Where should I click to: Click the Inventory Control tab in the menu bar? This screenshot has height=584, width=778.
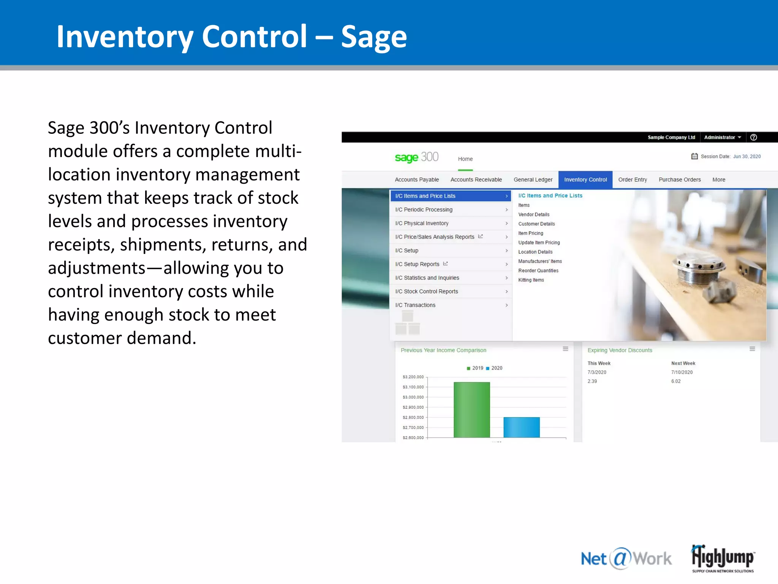click(x=585, y=179)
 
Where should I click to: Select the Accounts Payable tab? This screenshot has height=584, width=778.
click(x=417, y=179)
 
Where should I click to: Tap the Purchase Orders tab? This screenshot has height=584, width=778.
click(x=679, y=179)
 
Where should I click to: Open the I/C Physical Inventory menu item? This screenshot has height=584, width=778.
click(x=422, y=223)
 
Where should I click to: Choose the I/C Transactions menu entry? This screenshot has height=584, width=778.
click(x=415, y=305)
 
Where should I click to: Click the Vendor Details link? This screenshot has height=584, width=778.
click(x=534, y=214)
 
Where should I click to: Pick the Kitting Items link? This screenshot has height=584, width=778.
click(x=531, y=280)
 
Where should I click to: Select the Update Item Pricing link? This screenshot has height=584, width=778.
click(x=539, y=243)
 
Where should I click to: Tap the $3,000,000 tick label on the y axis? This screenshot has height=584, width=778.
click(x=413, y=397)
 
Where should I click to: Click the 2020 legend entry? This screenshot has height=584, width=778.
click(x=494, y=368)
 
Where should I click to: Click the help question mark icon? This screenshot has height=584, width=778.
click(x=754, y=137)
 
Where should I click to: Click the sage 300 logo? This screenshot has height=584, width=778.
click(x=416, y=157)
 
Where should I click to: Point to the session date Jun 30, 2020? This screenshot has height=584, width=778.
click(x=746, y=156)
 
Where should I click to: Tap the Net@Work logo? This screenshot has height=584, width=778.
click(x=626, y=559)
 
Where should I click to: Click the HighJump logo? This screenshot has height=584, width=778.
click(x=723, y=558)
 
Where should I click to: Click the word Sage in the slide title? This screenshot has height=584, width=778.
click(x=374, y=37)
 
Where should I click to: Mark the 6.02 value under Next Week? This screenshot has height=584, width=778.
click(x=676, y=381)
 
